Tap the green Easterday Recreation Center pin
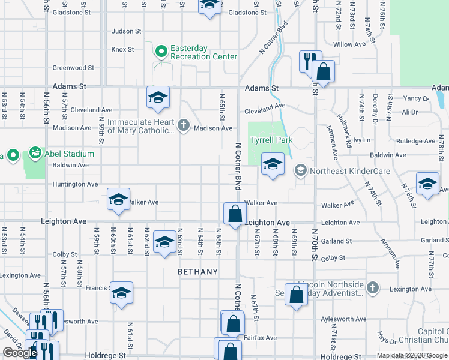(x=161, y=52)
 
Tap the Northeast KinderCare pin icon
(x=300, y=171)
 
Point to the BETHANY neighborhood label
(x=198, y=272)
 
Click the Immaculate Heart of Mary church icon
(x=184, y=126)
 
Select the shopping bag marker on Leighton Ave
(x=235, y=213)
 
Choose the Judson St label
(x=127, y=31)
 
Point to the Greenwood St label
(x=73, y=68)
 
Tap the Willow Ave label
(x=349, y=44)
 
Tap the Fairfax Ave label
(x=262, y=337)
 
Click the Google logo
(x=20, y=353)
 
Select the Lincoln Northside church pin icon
(x=373, y=287)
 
